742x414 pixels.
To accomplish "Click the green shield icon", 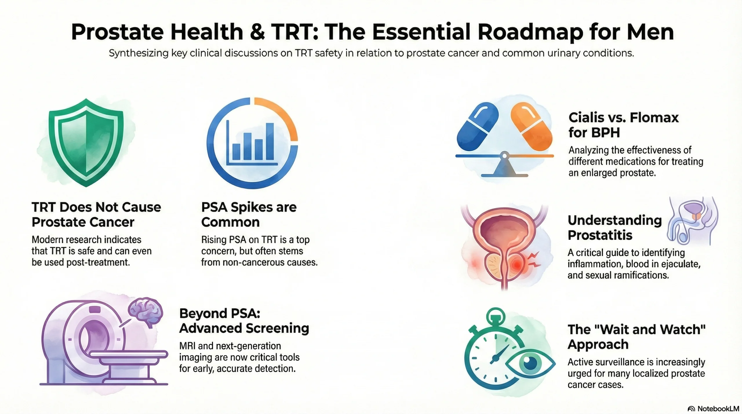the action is click(86, 142).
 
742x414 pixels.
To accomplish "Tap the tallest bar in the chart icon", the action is click(270, 141).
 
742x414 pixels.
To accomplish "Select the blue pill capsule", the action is click(478, 126).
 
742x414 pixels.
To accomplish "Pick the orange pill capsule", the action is click(531, 127).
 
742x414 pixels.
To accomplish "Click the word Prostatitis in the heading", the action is click(600, 235).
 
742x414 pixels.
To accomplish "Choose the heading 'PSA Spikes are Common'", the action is click(249, 214).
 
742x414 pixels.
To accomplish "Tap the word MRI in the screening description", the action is click(188, 346).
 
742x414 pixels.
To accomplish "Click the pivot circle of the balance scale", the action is click(505, 156).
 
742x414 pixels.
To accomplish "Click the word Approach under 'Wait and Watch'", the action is click(598, 344).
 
